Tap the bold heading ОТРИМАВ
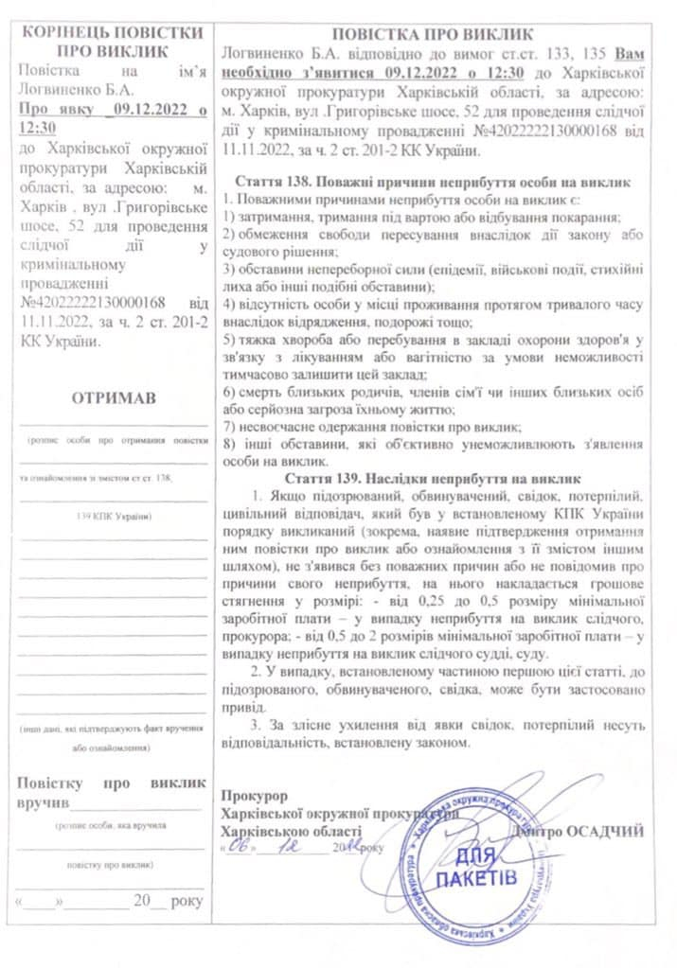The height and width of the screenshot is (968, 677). click(113, 398)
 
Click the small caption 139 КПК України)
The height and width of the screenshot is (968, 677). click(112, 516)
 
